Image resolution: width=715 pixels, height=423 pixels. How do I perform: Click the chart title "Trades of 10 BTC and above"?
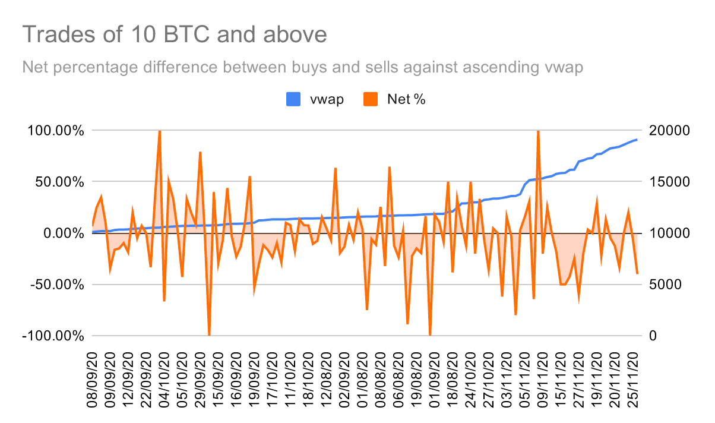click(x=175, y=34)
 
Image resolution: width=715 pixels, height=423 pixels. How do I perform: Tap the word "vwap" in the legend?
click(x=327, y=99)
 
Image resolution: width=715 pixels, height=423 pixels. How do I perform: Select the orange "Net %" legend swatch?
click(x=371, y=99)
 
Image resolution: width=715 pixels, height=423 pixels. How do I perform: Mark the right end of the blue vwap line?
click(x=637, y=140)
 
